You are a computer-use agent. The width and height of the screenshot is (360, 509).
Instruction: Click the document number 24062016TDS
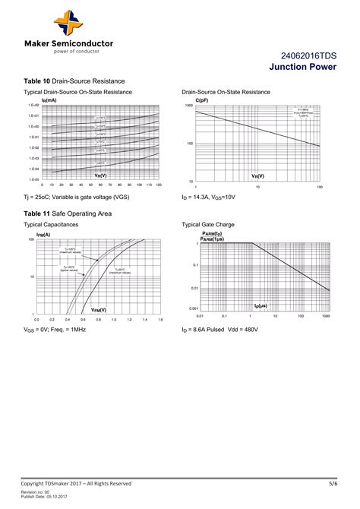point(309,56)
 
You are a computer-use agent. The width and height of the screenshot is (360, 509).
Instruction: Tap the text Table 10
point(37,81)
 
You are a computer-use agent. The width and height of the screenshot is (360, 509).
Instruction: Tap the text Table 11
point(37,214)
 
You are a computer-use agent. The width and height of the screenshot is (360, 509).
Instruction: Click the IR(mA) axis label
point(49,100)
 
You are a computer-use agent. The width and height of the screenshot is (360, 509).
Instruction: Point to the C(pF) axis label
point(202,100)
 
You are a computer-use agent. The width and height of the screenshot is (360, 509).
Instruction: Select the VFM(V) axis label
point(99,310)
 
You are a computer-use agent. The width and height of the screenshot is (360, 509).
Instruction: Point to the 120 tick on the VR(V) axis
point(159,185)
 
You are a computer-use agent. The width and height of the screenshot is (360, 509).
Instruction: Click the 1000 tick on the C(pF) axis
point(188,106)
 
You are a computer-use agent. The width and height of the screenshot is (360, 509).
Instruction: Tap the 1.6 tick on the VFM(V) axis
point(160,320)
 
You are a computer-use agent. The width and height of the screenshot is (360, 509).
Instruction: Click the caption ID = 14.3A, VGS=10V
point(210,197)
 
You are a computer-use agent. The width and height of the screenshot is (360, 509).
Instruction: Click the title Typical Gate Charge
point(208,225)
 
